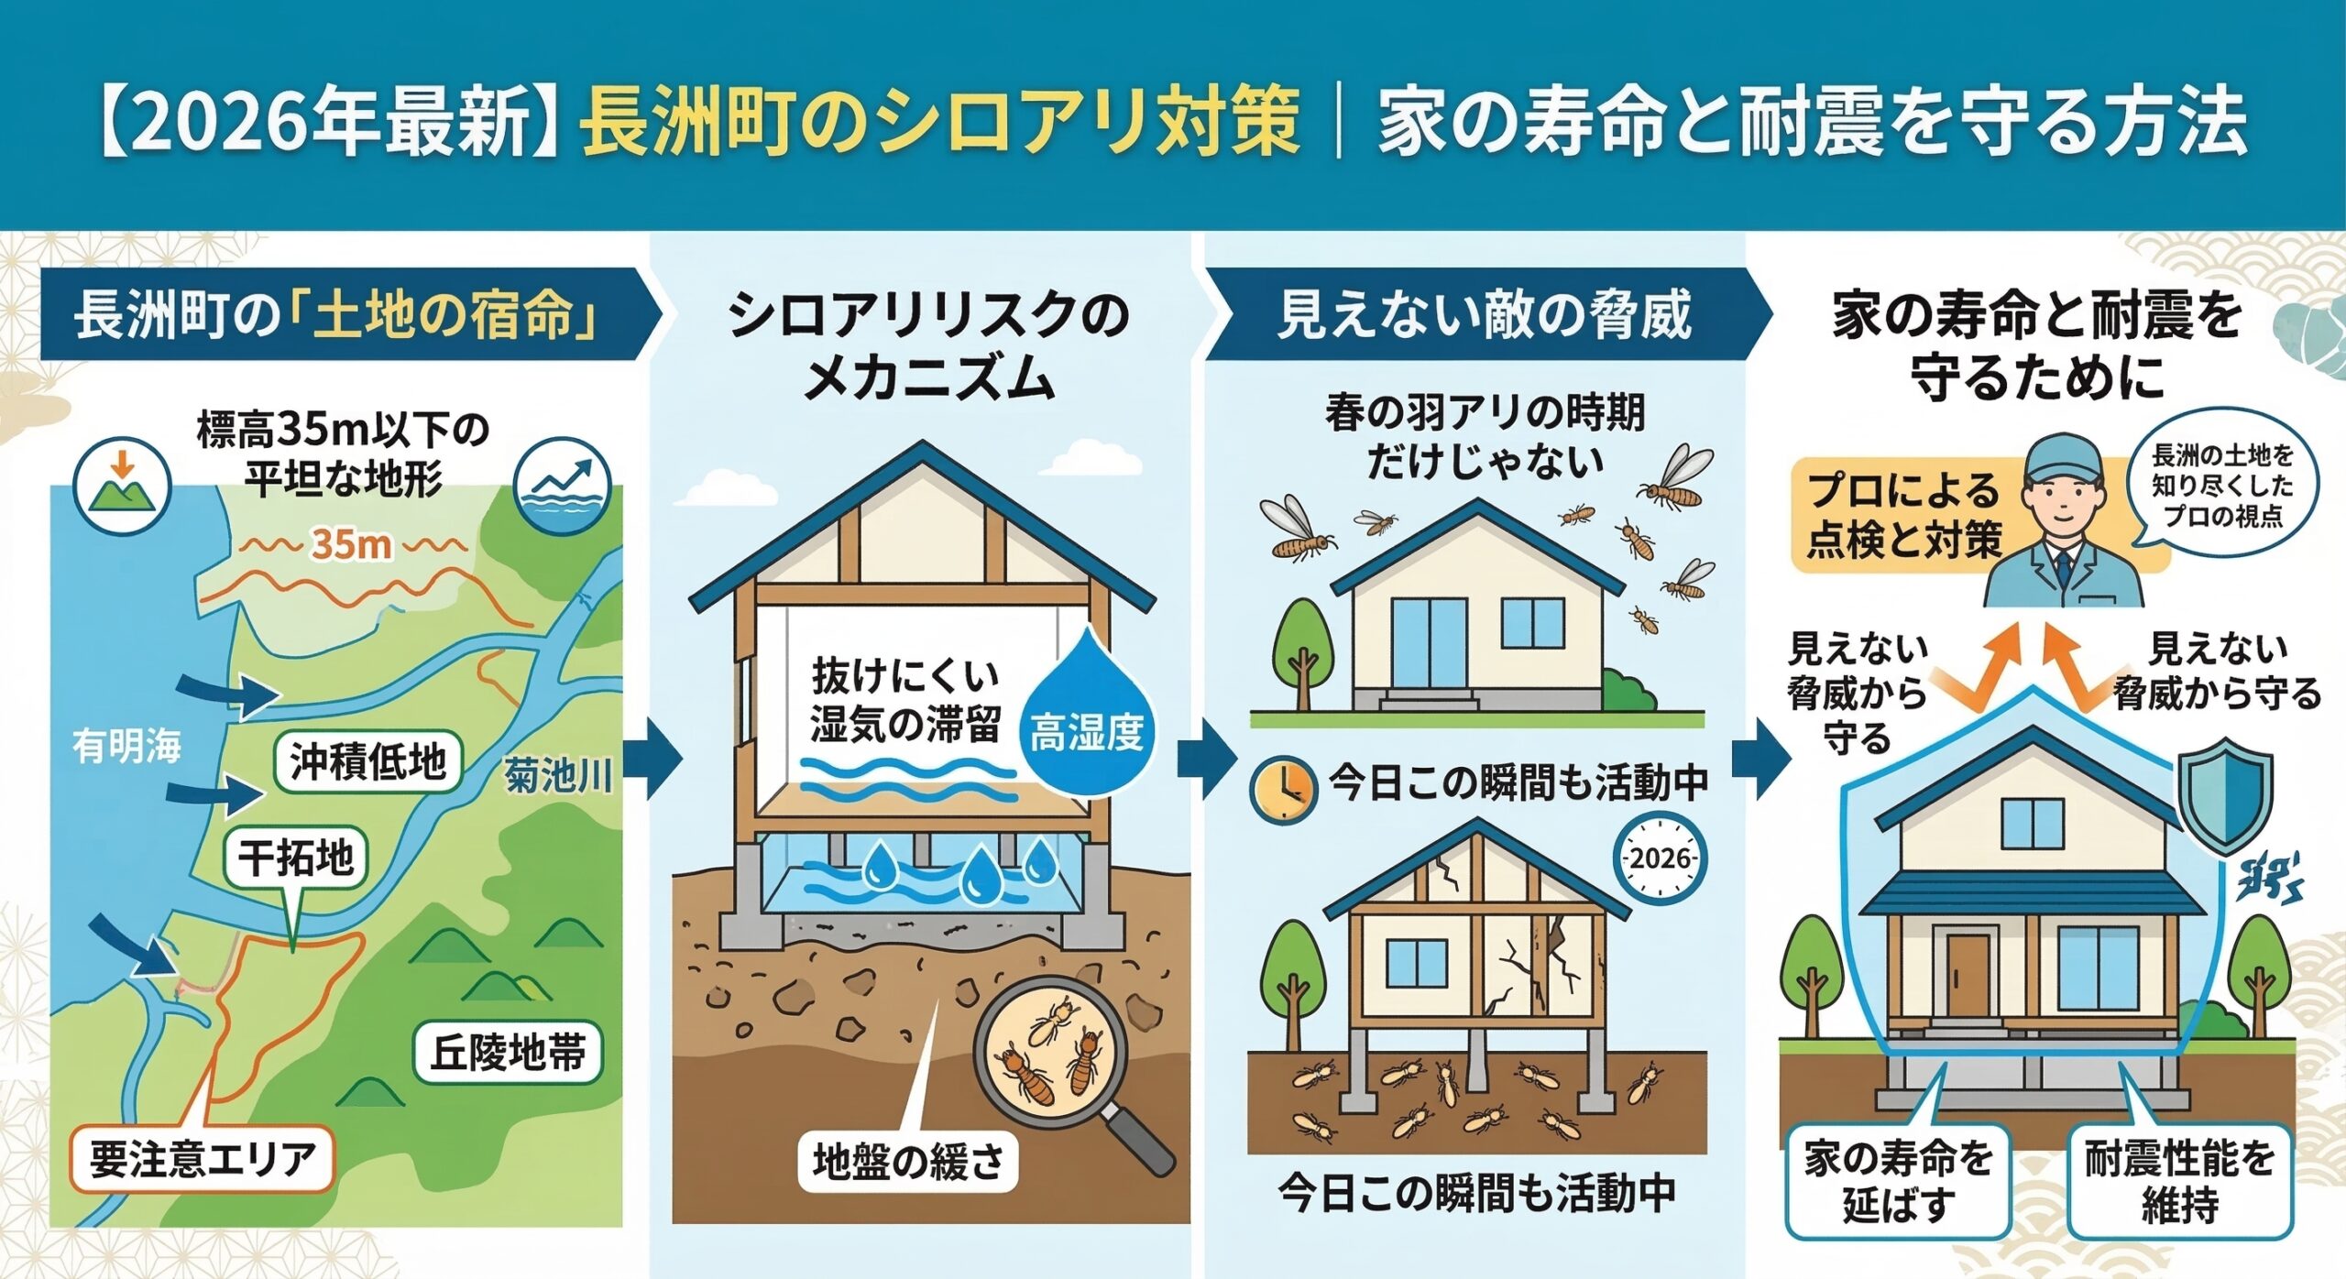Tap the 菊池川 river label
click(558, 775)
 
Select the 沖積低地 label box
click(367, 761)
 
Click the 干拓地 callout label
click(295, 858)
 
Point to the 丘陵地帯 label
click(508, 1052)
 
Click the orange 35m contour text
click(352, 544)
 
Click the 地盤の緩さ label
click(907, 1162)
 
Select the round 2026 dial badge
click(1660, 858)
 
